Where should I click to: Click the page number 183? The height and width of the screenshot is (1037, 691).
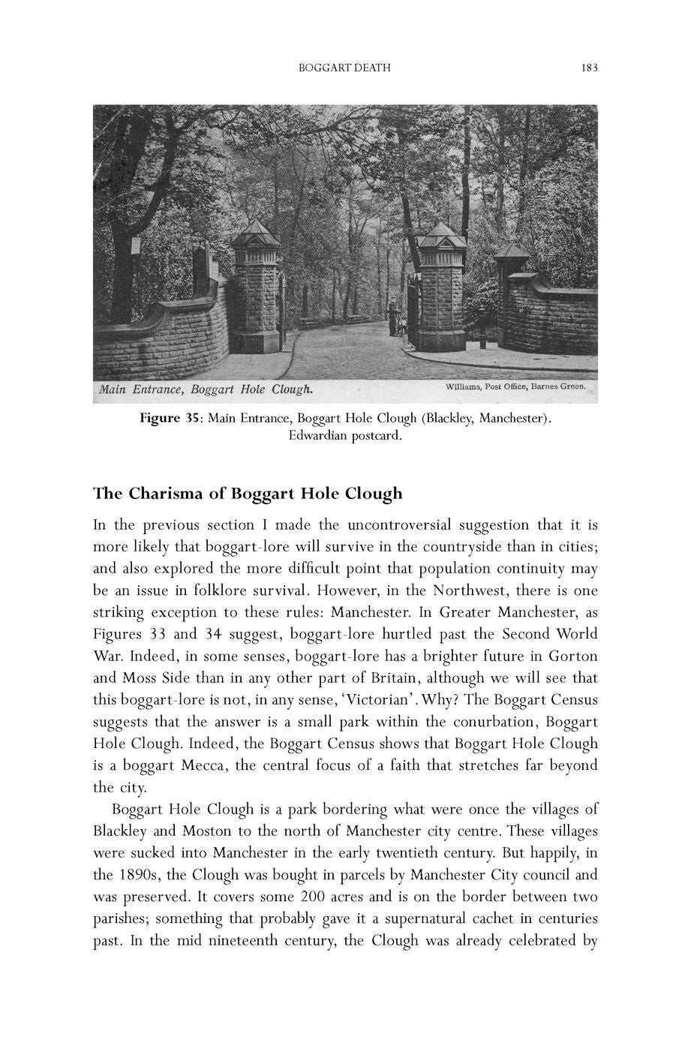[x=589, y=68]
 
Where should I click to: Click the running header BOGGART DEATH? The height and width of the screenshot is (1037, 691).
[x=344, y=68]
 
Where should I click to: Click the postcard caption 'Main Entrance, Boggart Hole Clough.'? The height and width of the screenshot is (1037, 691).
[x=206, y=389]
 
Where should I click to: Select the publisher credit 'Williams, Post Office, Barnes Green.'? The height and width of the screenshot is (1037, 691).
[x=515, y=387]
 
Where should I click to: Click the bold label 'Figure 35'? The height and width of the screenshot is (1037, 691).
[x=170, y=417]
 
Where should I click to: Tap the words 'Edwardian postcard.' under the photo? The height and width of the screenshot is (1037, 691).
[x=345, y=436]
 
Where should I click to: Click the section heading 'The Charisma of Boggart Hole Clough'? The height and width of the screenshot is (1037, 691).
[x=248, y=494]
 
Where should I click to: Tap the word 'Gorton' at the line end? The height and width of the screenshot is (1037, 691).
[x=573, y=656]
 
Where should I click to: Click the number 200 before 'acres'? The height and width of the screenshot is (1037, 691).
[x=312, y=897]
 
